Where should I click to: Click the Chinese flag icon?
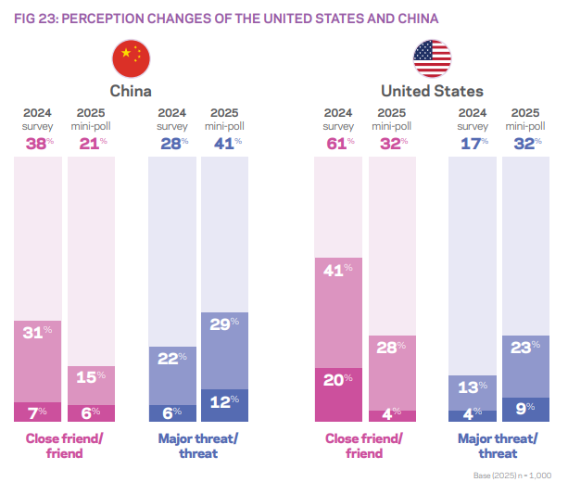(131, 57)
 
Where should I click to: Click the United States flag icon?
(432, 57)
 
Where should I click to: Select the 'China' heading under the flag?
(131, 91)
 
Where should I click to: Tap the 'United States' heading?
(432, 91)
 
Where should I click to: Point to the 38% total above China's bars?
(38, 143)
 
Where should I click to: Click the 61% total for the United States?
(338, 143)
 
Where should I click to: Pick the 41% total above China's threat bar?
(225, 143)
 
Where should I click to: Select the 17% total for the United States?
(471, 143)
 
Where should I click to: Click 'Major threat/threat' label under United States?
(498, 446)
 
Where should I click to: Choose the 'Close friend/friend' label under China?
(64, 446)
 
